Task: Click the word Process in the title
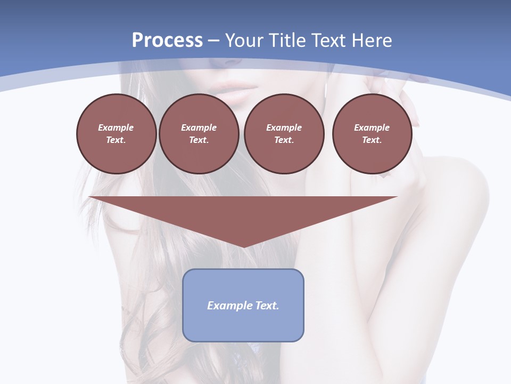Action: click(167, 41)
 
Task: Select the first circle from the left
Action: click(116, 134)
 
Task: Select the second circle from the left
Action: click(199, 134)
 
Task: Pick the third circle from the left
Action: click(284, 134)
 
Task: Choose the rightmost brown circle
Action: click(372, 134)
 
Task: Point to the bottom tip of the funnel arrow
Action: click(243, 246)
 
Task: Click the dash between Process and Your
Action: click(213, 41)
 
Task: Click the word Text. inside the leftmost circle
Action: click(116, 140)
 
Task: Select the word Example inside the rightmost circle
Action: click(372, 127)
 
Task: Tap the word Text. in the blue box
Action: click(267, 306)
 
